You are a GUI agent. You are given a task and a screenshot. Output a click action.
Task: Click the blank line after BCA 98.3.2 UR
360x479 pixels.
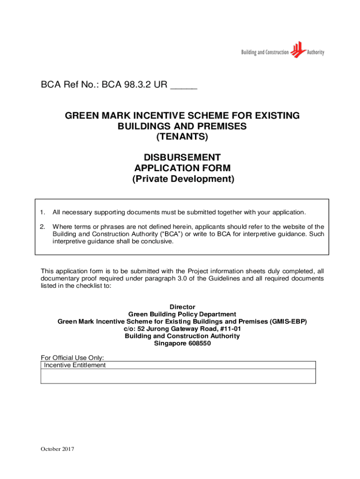(184, 86)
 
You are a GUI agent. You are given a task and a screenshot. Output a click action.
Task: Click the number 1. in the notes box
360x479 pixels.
(42, 212)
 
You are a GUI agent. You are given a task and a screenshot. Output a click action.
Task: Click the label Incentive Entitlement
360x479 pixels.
(75, 365)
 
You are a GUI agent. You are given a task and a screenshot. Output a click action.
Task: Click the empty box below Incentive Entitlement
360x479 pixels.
(178, 376)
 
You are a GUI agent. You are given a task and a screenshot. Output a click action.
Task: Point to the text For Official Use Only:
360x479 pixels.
(69, 358)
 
